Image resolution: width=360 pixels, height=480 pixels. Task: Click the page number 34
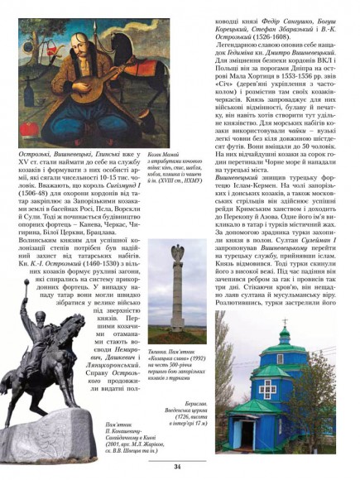coord(177,467)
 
